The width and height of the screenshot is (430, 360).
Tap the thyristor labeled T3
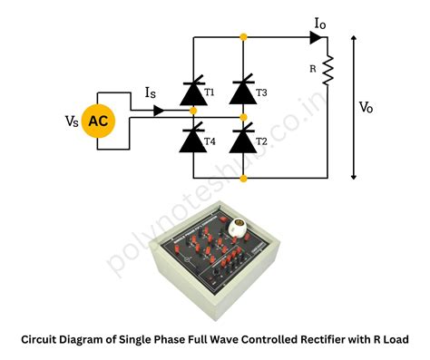(x=242, y=92)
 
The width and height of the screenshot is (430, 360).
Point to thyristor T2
(x=242, y=141)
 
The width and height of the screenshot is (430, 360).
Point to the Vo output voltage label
(x=366, y=107)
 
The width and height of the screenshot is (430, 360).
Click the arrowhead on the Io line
(x=315, y=38)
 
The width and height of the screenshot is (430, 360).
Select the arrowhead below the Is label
(x=159, y=111)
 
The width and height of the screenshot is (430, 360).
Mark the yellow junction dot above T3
(x=242, y=37)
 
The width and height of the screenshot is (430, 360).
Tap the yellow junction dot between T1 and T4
(x=193, y=111)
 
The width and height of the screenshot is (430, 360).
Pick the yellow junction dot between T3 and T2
(x=242, y=117)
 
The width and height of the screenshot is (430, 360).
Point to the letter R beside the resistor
(x=314, y=67)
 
